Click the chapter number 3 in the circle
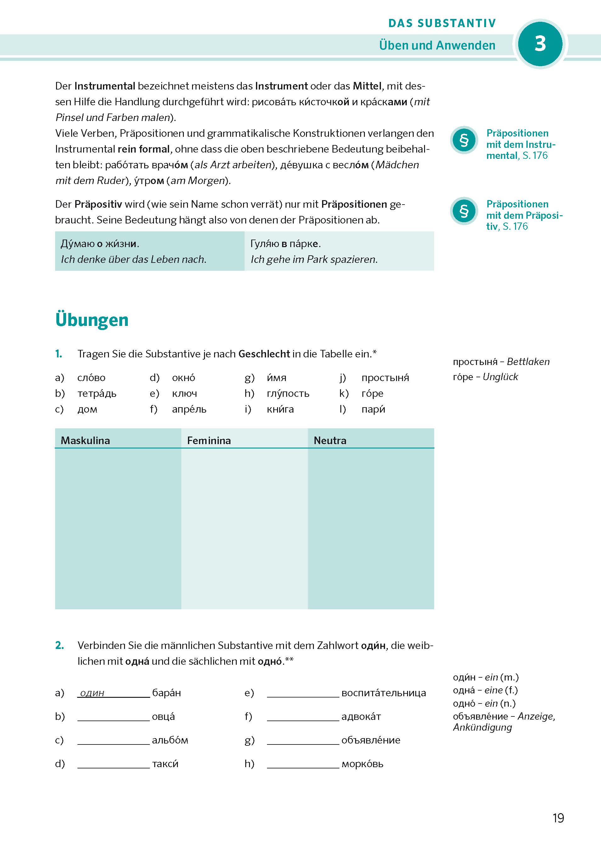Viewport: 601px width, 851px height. coord(540,44)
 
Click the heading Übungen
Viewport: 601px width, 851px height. coord(92,320)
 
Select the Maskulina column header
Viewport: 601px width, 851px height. coord(85,440)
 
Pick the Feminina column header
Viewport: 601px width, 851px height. coord(209,440)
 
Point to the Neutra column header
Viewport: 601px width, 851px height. coord(330,440)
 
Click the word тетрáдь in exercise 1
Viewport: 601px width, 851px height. coord(97,393)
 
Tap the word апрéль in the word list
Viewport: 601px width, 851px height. coord(189,409)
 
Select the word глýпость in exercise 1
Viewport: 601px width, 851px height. coord(288,393)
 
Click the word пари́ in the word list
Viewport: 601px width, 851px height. coord(373,409)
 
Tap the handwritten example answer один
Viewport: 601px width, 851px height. coord(92,693)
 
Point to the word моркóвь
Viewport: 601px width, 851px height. coord(362,764)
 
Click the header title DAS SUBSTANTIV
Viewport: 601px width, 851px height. coord(442,23)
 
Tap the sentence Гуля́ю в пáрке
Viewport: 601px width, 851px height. coord(286,244)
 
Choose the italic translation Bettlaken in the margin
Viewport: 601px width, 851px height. coord(528,362)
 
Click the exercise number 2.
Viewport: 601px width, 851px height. coord(59,646)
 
